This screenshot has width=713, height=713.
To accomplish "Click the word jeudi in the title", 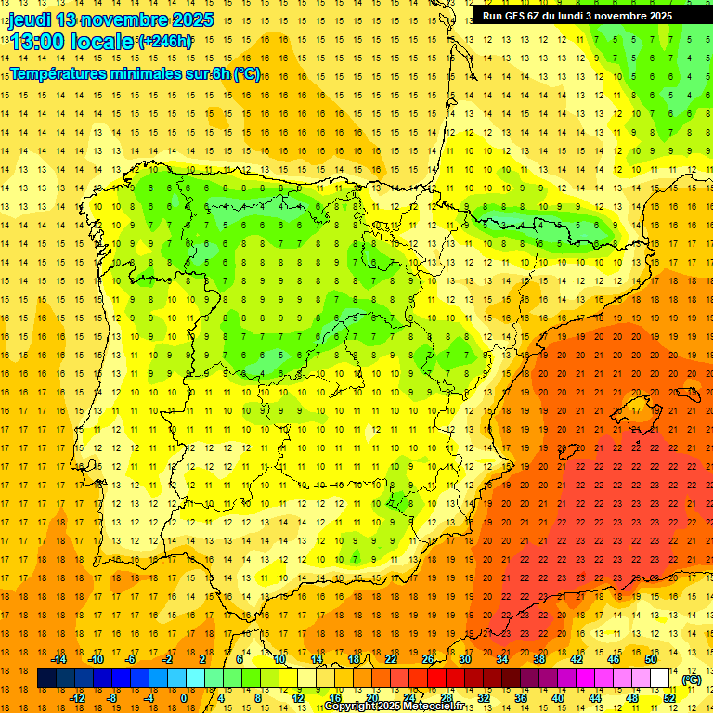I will [30, 19].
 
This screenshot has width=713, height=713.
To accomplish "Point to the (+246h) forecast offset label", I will [165, 42].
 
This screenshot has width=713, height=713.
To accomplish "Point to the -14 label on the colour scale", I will [59, 659].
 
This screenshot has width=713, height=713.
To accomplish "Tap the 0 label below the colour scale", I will [184, 698].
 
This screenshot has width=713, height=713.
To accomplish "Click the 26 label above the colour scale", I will [428, 659].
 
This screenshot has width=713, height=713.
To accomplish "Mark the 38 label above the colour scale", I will [539, 659].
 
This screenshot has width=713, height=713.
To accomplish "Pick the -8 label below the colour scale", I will [111, 698].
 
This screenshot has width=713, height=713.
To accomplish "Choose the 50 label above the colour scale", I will [651, 659].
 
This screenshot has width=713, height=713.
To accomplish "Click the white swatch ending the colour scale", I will [660, 679].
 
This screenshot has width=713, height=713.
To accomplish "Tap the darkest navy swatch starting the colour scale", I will [46, 679].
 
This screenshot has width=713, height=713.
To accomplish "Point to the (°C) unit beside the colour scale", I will [692, 680].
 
